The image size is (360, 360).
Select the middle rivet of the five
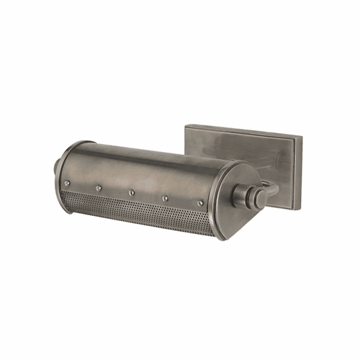pos(132,194)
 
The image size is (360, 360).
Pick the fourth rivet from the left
pos(165,197)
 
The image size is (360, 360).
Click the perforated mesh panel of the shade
pos(137,213)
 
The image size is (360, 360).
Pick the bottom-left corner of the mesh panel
pos(71,201)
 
